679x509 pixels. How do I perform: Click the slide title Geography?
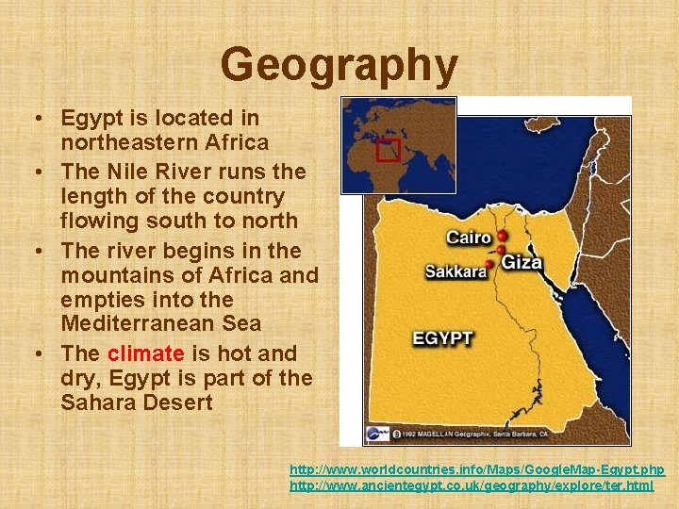[339, 65]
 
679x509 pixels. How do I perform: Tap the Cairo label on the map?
[469, 238]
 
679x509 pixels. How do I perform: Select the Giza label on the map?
[522, 261]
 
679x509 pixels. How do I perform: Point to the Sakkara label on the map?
[455, 271]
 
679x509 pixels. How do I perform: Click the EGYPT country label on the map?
[442, 337]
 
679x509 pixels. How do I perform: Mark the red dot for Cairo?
[502, 236]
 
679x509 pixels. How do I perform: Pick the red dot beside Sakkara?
[490, 265]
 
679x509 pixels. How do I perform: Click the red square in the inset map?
[388, 149]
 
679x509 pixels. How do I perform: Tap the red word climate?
[146, 353]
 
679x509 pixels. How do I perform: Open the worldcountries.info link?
[476, 469]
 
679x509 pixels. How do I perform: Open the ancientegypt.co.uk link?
[472, 485]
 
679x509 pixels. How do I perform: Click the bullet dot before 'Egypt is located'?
[34, 120]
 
